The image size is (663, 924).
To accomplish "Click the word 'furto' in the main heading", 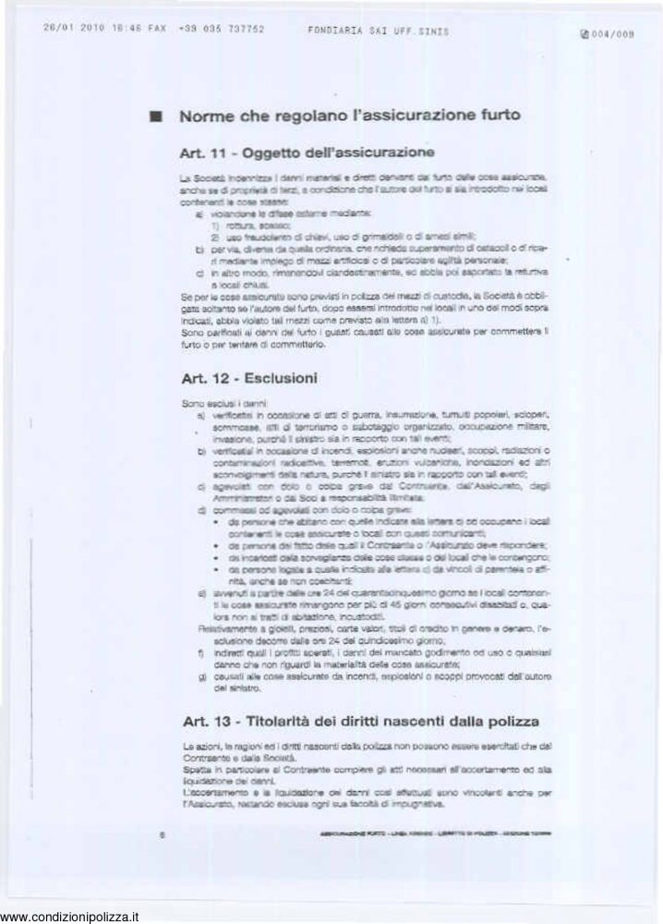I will [494, 116].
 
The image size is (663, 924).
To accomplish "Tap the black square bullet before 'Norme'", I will [156, 117].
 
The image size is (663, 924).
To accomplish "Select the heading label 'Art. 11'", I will [203, 151].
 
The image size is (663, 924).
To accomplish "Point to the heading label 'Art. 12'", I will [203, 379].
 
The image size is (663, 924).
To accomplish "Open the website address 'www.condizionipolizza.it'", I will [70, 917].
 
